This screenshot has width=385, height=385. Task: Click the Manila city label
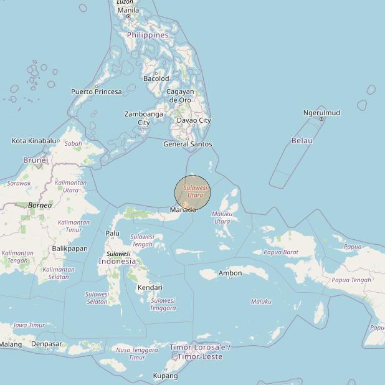128,10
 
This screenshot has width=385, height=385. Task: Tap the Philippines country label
148,35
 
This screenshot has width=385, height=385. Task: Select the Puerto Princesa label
96,92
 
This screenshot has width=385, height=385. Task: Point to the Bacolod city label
156,78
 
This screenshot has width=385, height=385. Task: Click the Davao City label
194,120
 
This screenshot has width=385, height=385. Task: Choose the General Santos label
188,144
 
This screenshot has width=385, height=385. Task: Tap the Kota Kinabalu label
34,141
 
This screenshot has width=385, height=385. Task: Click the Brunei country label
36,160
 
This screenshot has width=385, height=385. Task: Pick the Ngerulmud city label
321,113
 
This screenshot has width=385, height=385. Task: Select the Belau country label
302,141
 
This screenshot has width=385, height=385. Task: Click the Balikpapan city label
70,248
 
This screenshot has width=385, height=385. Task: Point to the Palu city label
112,234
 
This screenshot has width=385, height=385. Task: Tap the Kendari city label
150,287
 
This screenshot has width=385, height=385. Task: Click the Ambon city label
230,273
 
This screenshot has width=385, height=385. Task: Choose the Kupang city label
165,376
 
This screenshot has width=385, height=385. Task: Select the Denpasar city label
47,344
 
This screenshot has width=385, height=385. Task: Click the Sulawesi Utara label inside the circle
195,191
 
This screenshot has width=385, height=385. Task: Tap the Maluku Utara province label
222,217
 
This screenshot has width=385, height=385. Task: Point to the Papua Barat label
281,252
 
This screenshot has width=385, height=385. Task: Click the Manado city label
183,209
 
